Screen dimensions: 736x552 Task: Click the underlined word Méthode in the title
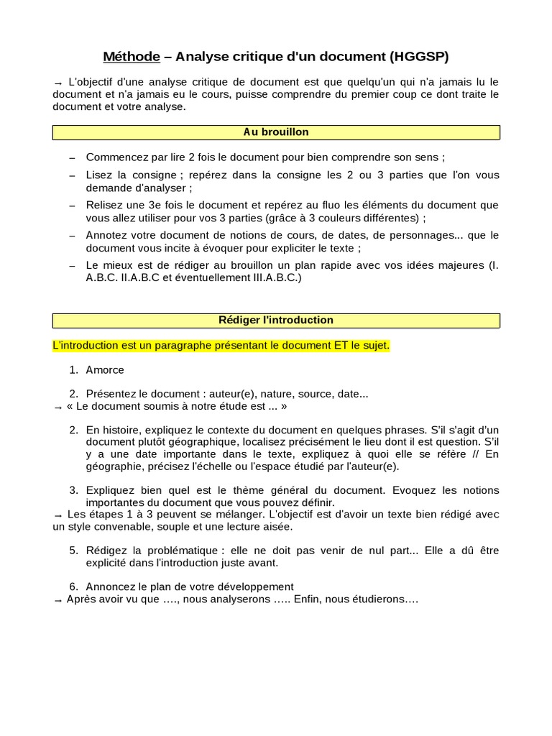131,56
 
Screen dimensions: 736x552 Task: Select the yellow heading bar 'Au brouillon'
276,132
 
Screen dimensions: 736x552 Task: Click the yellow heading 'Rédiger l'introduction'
276,320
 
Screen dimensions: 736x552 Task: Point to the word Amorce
105,369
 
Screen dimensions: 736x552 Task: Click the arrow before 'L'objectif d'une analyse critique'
57,83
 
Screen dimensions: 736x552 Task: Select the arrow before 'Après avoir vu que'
57,599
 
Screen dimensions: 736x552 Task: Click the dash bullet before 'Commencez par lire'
72,157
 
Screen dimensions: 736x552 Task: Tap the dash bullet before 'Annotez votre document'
72,235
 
